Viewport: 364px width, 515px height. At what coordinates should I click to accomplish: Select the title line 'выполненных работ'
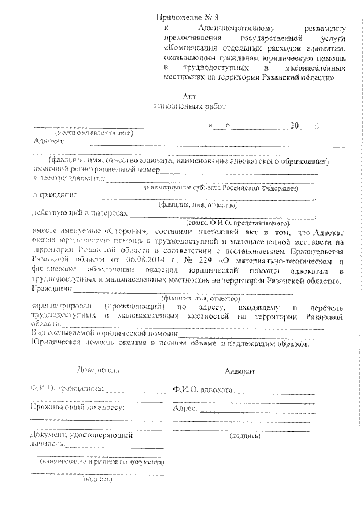(189, 106)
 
